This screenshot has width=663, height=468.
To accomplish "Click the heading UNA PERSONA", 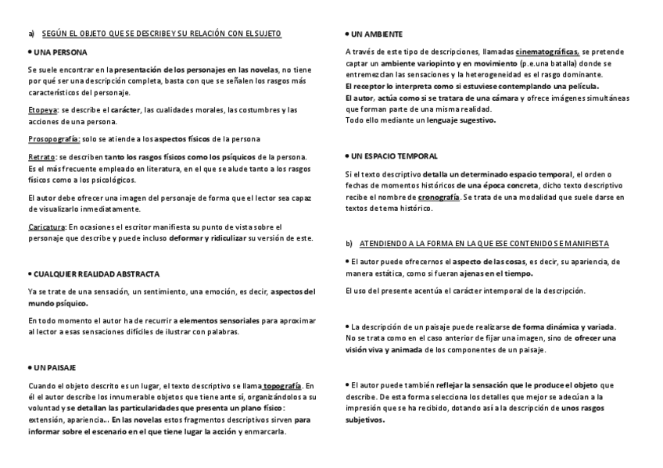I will point(54,52).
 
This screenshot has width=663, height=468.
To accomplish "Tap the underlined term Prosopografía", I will point(53,139).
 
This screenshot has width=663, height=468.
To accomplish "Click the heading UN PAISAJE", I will point(55,367).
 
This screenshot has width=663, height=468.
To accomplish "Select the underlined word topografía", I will point(282,386).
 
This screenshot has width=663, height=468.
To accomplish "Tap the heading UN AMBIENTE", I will point(377,34).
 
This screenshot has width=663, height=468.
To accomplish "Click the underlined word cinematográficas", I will point(547,52).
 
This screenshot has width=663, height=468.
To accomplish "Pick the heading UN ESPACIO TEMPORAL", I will point(395,156).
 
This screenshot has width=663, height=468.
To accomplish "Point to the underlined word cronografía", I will point(439,198).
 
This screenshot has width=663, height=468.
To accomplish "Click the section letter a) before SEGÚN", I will point(31,34).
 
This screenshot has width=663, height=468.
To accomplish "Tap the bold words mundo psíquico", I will point(58,303).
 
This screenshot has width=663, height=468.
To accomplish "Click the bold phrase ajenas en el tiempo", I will point(496,273).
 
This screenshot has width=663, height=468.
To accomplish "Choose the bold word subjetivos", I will point(365,420).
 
